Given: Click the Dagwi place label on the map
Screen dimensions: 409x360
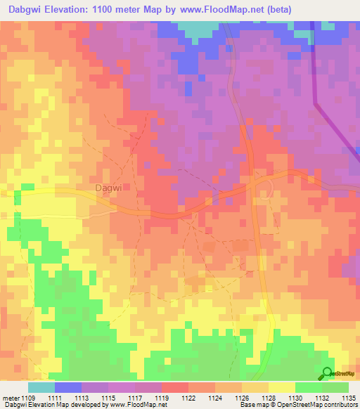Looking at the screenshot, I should (108, 188).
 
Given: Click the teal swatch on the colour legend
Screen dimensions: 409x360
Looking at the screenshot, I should (41, 387).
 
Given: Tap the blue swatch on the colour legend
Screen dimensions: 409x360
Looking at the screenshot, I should (68, 387).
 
